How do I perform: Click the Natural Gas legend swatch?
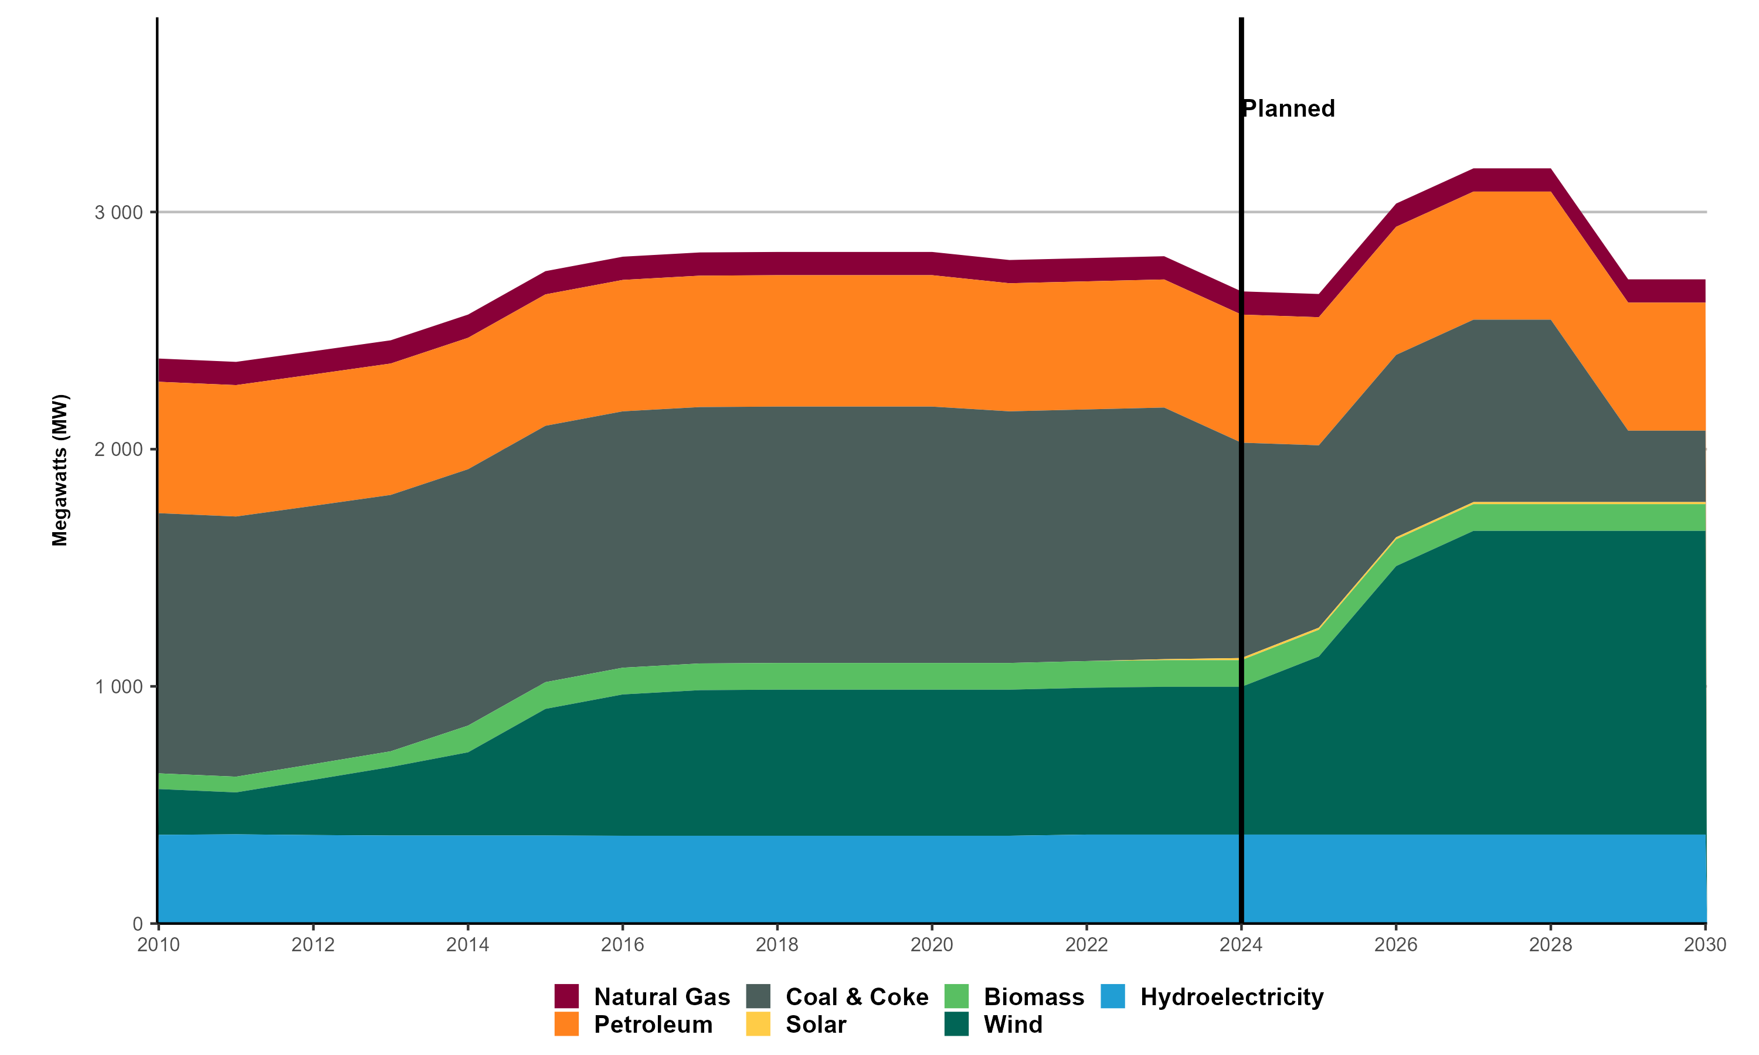(x=566, y=996)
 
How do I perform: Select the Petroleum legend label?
(x=653, y=1025)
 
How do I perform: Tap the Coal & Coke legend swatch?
(x=759, y=996)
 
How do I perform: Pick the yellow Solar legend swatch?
(x=759, y=1025)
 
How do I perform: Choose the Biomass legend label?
(x=1034, y=997)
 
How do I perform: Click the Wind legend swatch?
(x=956, y=1025)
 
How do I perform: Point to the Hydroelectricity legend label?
(x=1231, y=997)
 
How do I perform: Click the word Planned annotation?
(x=1288, y=109)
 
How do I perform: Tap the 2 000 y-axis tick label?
(x=119, y=450)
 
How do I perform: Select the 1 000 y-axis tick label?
(x=119, y=687)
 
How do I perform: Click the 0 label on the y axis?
(x=138, y=924)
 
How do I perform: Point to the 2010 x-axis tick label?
(x=158, y=945)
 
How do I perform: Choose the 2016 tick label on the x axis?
(x=622, y=945)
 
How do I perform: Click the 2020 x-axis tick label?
(x=932, y=945)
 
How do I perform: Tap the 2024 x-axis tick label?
(x=1241, y=945)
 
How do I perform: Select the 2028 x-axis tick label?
(x=1551, y=945)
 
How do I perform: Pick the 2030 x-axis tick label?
(x=1705, y=945)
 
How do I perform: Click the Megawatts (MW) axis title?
(x=60, y=470)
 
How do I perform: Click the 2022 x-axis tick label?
(x=1086, y=945)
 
